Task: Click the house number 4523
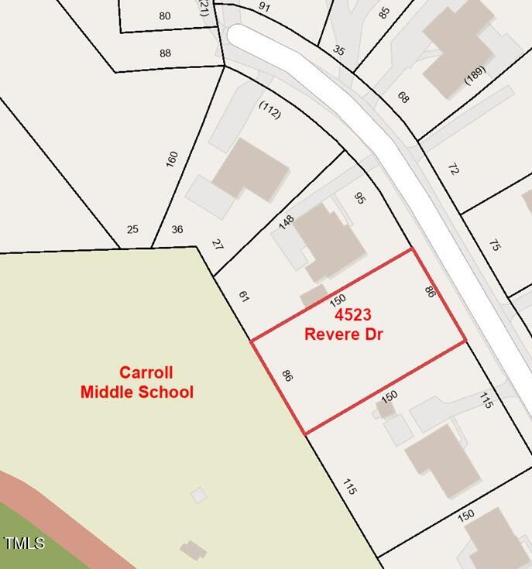coord(352,314)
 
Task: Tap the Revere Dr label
coord(344,334)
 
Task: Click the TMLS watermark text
coord(24,543)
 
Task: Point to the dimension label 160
coord(172,159)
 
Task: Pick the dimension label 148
coord(287,222)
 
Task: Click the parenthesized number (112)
coord(270,111)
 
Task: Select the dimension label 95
coord(359,198)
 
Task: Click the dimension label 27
coord(217,245)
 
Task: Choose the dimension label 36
coord(177,229)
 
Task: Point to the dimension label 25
coord(132,229)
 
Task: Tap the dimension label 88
coord(165,53)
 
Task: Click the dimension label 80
coord(164,15)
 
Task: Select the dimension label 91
coord(264,7)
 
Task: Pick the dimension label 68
coord(403,98)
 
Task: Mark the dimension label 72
coord(454,169)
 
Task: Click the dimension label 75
coord(495,245)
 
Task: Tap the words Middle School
coord(137,392)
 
